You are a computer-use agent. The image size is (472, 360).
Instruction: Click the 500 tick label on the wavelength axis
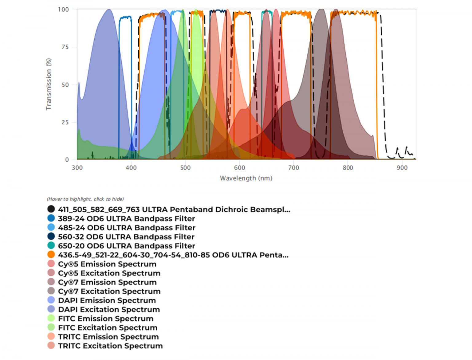click(185, 168)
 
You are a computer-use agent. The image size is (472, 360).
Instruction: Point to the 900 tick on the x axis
click(402, 168)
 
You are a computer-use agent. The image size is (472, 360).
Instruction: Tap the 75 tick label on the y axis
click(65, 47)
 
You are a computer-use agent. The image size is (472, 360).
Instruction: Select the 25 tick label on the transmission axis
click(65, 122)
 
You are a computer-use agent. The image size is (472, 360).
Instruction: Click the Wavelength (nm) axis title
click(246, 178)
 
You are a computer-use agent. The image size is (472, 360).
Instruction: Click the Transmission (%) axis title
click(49, 84)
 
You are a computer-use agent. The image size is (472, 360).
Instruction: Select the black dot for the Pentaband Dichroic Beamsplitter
click(51, 209)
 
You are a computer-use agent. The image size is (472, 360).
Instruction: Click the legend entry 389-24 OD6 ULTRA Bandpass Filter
click(126, 218)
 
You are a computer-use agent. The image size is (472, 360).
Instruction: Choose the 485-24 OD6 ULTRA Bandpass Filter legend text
click(127, 228)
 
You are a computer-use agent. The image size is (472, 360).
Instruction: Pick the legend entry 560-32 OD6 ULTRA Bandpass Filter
click(126, 237)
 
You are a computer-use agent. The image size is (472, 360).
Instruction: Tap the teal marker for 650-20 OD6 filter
click(51, 246)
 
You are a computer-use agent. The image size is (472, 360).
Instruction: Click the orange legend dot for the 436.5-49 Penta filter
click(51, 255)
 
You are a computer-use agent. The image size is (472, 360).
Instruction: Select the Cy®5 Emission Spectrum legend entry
click(107, 264)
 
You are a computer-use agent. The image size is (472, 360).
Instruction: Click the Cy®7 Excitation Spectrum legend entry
click(109, 291)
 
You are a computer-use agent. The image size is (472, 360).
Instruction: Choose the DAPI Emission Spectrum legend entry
click(107, 300)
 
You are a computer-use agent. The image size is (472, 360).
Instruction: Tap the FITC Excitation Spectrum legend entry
click(108, 328)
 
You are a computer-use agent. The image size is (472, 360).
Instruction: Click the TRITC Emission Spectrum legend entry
click(108, 337)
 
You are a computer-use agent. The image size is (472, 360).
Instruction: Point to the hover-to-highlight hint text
click(85, 199)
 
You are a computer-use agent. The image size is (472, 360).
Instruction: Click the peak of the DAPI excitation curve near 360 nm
click(109, 10)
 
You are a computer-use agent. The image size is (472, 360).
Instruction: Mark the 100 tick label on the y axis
click(63, 10)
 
